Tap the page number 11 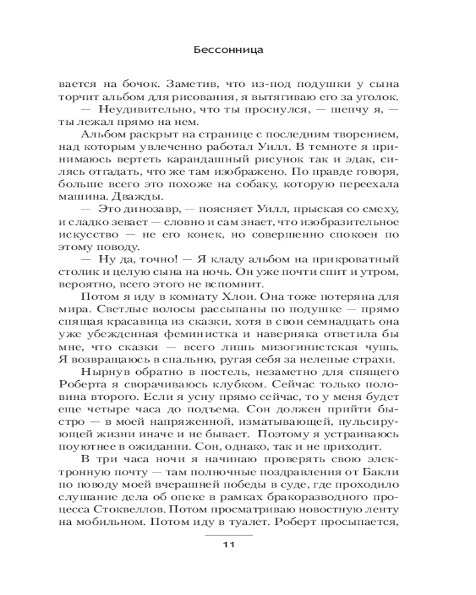tap(230, 546)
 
